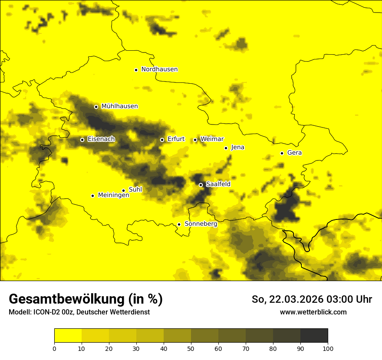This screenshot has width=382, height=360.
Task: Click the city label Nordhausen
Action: tap(159, 69)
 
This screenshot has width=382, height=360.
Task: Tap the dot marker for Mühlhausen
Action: tap(96, 107)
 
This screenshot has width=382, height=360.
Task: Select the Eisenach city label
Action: tap(101, 139)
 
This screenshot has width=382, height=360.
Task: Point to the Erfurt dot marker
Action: tap(162, 140)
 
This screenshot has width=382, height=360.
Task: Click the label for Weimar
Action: tap(212, 139)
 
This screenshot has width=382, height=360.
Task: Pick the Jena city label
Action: tap(237, 147)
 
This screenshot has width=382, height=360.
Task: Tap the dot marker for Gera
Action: tap(282, 153)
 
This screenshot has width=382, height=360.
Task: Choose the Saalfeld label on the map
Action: tap(218, 184)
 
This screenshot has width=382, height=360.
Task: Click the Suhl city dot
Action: tap(123, 190)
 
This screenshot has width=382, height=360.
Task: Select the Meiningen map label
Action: tap(113, 196)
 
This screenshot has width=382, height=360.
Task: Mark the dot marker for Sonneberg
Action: tap(179, 224)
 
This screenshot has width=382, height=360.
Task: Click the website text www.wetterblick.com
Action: tap(313, 312)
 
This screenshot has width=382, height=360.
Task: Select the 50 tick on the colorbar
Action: tap(191, 348)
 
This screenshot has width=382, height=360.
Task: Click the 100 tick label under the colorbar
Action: tap(328, 348)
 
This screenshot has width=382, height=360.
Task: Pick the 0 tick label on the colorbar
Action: tap(54, 348)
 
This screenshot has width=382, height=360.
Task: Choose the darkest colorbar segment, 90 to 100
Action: tap(314, 335)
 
